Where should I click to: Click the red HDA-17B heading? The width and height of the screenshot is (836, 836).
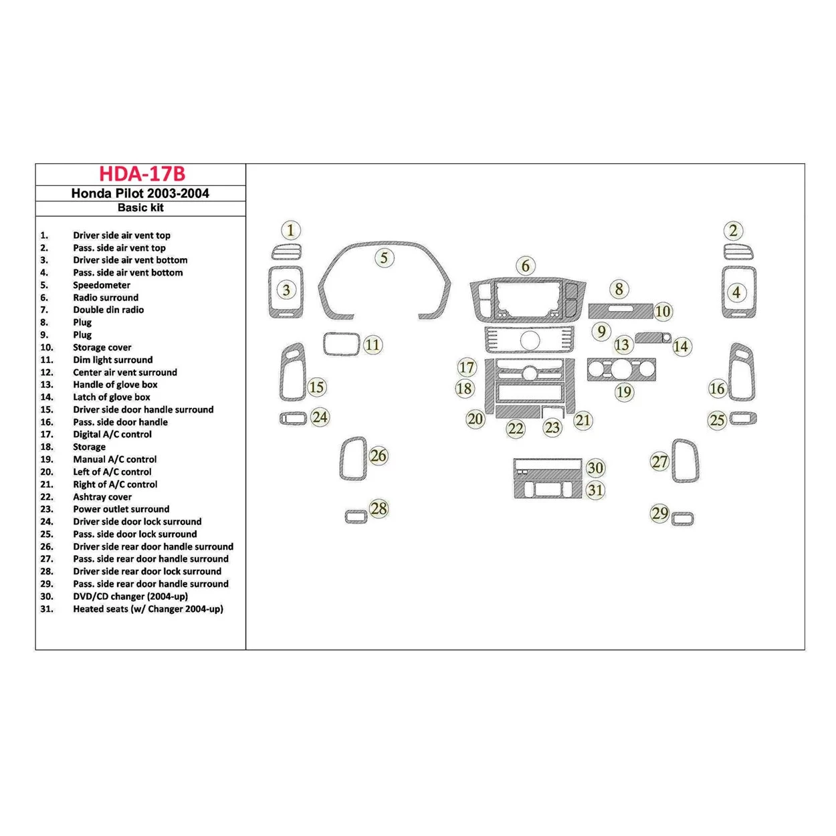click(x=142, y=174)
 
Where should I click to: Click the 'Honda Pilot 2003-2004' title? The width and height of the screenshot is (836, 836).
click(x=140, y=193)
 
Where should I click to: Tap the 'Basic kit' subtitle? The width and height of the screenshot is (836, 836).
click(x=140, y=208)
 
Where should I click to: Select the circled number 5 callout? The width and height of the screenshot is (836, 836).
click(x=384, y=257)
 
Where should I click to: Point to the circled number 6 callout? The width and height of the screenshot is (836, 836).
click(x=526, y=266)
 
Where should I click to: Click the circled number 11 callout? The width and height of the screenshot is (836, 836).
click(x=373, y=345)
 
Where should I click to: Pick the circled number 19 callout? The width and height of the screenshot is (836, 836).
click(x=624, y=392)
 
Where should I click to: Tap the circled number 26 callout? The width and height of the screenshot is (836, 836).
click(x=379, y=455)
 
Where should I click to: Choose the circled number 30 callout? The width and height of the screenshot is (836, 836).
click(x=595, y=468)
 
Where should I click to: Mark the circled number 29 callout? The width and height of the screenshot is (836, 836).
click(x=660, y=513)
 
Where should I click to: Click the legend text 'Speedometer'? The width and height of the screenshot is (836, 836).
click(x=102, y=285)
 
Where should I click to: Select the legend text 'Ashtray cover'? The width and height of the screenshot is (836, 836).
click(x=102, y=497)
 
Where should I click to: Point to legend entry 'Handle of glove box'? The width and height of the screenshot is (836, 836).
click(x=115, y=385)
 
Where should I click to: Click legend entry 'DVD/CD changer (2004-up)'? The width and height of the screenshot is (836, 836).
click(x=130, y=597)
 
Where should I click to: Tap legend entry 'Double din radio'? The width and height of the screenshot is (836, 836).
click(x=108, y=310)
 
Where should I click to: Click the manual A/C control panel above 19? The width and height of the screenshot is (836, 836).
click(x=621, y=370)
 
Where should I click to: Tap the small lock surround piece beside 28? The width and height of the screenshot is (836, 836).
click(x=356, y=516)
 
